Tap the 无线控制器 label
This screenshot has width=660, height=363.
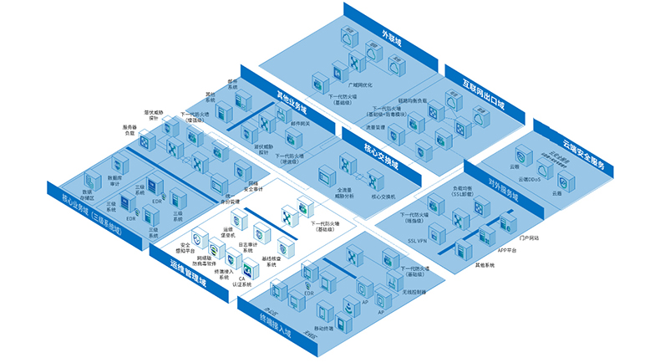coord(414,292)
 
